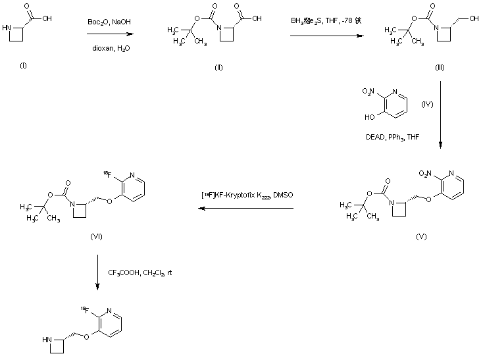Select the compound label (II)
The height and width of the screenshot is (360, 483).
[219, 68]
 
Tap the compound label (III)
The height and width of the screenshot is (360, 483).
[440, 68]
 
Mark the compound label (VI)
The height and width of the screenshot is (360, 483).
[97, 236]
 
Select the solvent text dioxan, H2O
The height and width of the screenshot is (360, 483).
[109, 45]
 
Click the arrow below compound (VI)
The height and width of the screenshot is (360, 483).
[97, 270]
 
